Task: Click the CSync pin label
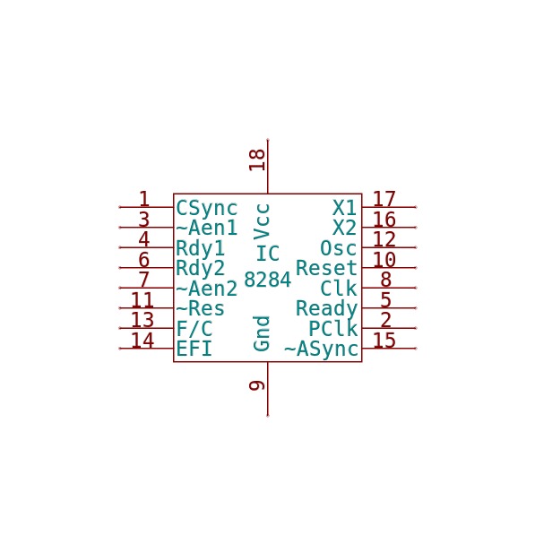coord(206,208)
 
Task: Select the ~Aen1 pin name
coord(206,228)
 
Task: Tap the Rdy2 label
coord(200,269)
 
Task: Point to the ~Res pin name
coord(200,308)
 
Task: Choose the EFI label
coord(194,349)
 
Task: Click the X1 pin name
coord(345,207)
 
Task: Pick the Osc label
coord(339,248)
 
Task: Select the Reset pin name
coord(326,268)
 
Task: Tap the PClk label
coord(333,329)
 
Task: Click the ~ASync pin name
coord(321,349)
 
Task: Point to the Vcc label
coord(262,221)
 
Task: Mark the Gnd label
coord(262,333)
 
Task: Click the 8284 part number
coord(267,280)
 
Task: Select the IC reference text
coord(267,254)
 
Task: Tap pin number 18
coord(257,160)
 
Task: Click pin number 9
coord(257,385)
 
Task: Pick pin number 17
coord(384,199)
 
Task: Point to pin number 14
coord(142,341)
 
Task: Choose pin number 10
coord(384,260)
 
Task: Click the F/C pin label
coord(194,329)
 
